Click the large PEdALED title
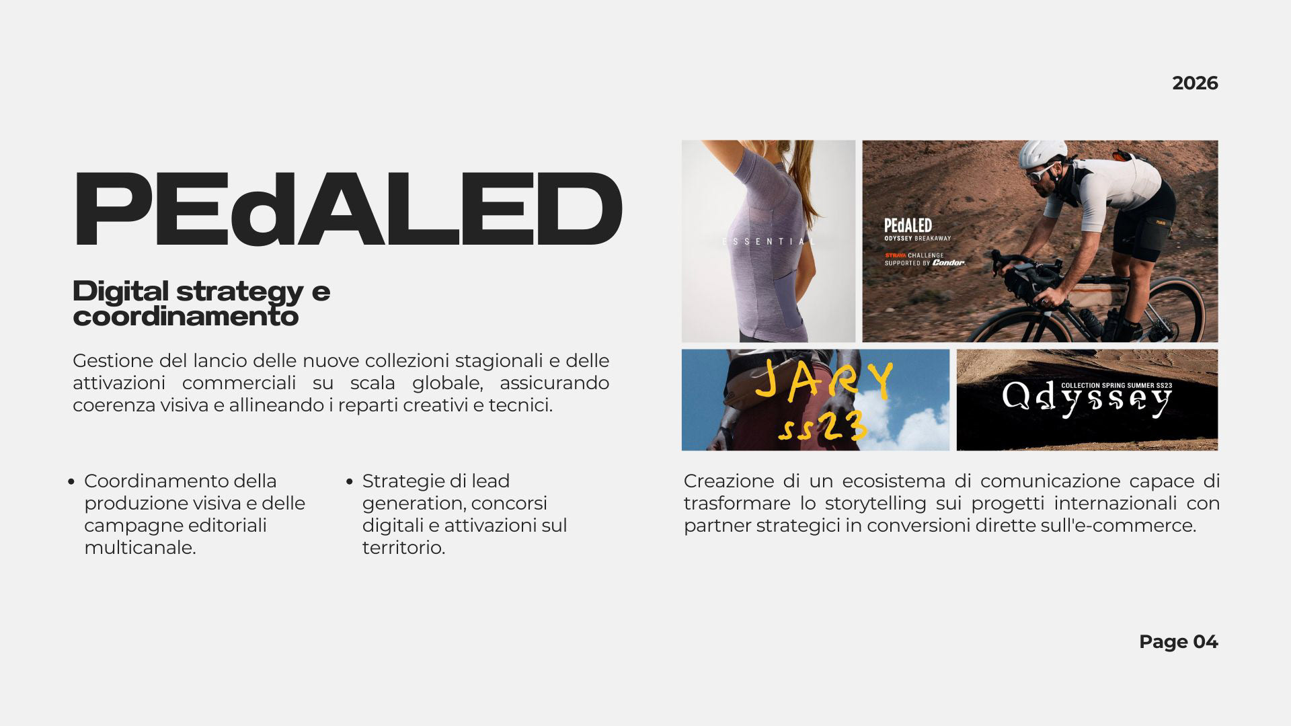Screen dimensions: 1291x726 348,210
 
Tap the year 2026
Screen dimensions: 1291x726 1195,83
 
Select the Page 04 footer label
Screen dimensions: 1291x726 1178,642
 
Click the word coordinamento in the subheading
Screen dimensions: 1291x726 186,317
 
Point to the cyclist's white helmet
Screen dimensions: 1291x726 1042,154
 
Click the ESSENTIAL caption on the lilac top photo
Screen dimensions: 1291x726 769,241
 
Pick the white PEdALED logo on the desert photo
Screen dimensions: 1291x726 908,225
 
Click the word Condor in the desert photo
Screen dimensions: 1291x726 949,263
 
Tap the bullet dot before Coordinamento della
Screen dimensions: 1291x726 71,482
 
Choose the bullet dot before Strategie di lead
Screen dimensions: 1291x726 350,482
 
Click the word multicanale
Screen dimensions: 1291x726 140,548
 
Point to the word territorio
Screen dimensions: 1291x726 403,548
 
